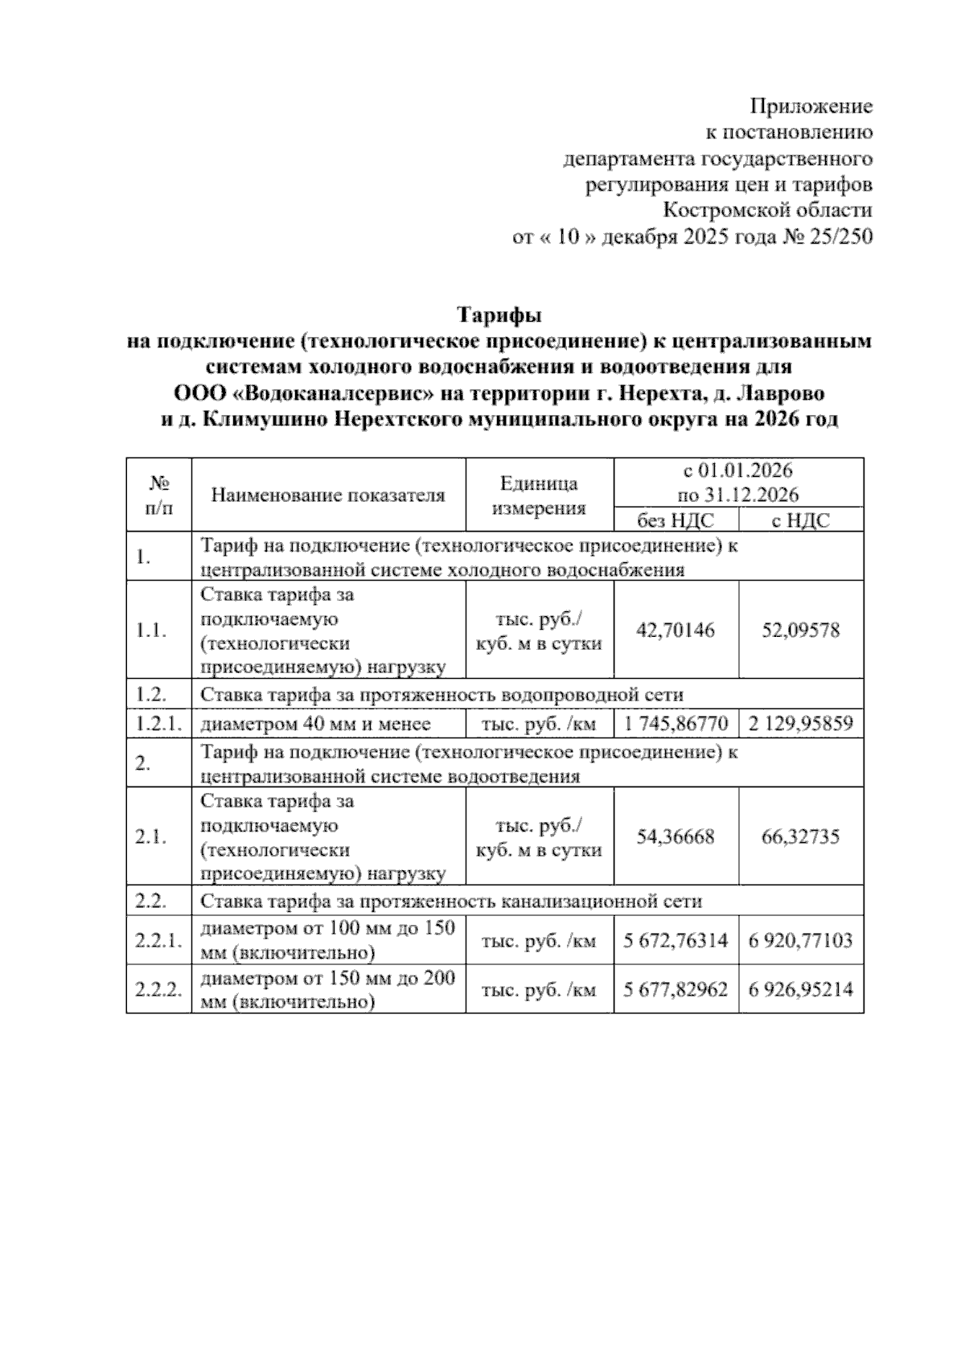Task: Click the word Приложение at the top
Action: click(x=811, y=106)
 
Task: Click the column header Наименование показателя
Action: click(x=328, y=495)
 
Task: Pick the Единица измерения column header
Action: click(x=539, y=495)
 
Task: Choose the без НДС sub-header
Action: click(x=675, y=520)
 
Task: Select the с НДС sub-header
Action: click(x=800, y=520)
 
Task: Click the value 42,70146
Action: click(x=675, y=630)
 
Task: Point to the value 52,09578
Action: click(x=801, y=630)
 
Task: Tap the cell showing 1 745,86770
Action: click(x=675, y=724)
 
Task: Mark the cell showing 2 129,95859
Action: click(x=801, y=724)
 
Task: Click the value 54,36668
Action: click(x=675, y=837)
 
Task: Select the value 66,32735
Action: click(x=801, y=837)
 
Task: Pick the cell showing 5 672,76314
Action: click(x=675, y=940)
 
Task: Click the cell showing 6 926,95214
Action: click(x=801, y=990)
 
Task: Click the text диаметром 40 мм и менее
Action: click(x=315, y=724)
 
